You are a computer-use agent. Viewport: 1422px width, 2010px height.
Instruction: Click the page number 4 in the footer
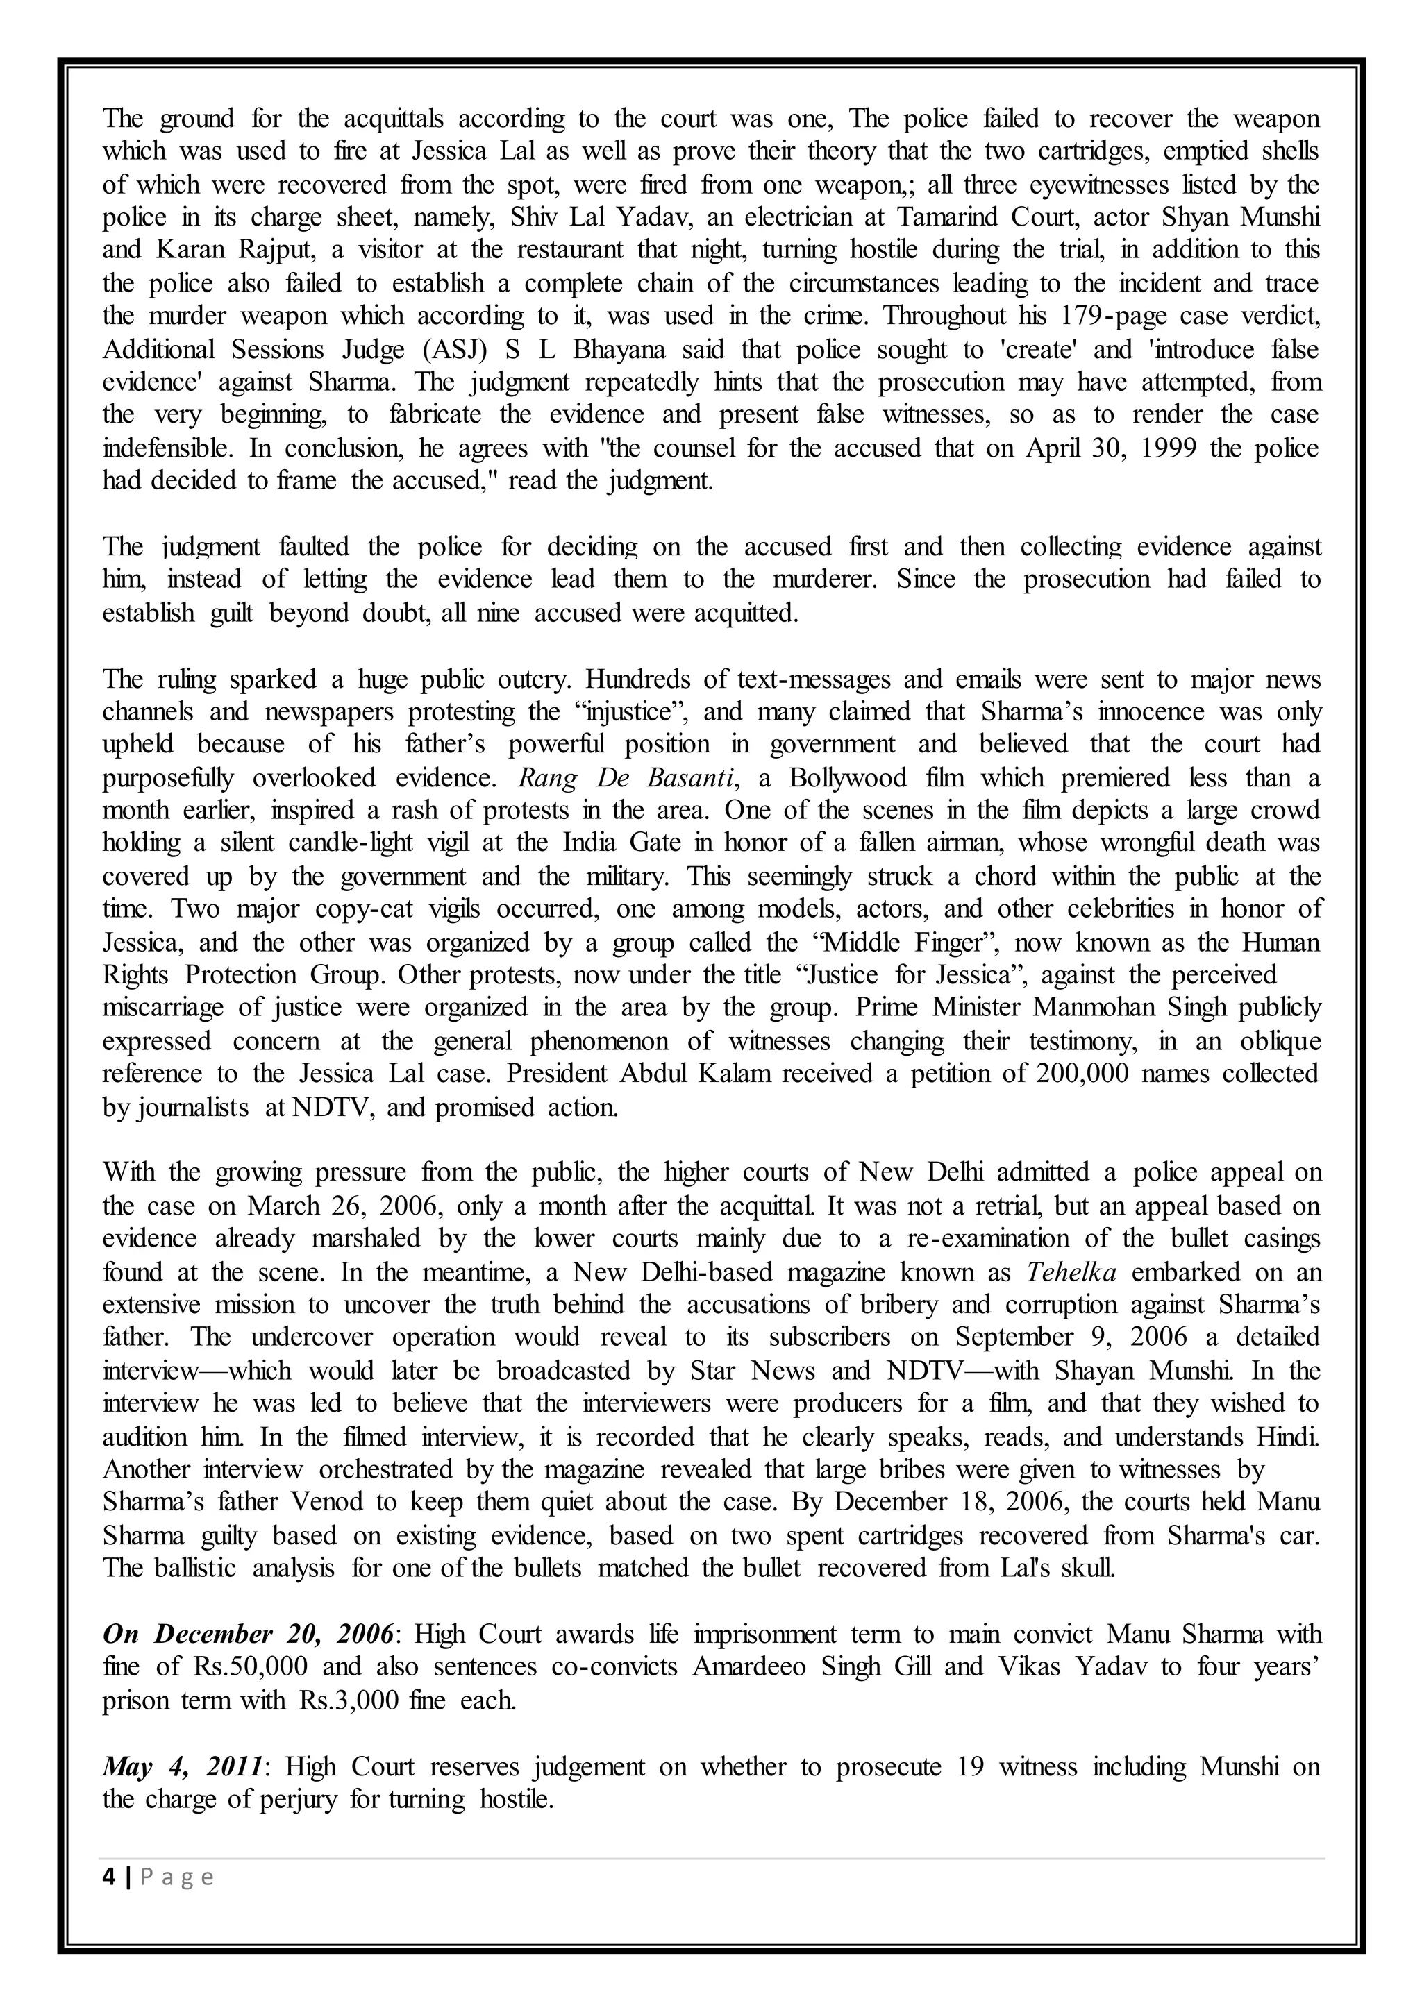click(108, 1876)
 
